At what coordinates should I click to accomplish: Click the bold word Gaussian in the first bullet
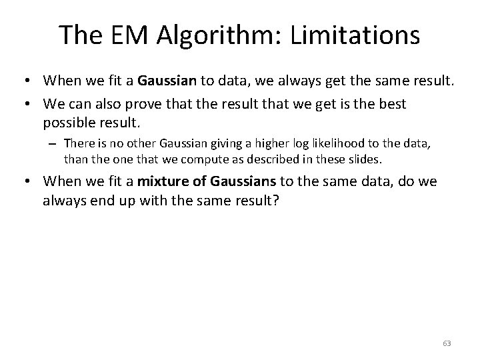click(x=167, y=81)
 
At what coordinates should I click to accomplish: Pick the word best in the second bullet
click(x=392, y=105)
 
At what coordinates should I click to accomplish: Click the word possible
click(x=68, y=123)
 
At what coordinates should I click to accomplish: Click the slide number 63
click(x=447, y=343)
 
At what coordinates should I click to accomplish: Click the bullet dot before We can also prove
click(x=29, y=105)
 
